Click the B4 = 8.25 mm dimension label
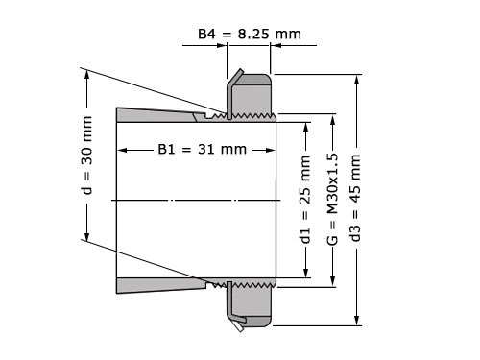coord(249,35)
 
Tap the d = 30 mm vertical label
coord(87,156)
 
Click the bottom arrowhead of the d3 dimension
coord(357,324)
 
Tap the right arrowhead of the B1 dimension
coord(271,150)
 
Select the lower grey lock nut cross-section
coord(255,304)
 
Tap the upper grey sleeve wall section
coord(154,116)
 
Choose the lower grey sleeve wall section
coord(154,284)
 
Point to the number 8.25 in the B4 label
coord(253,35)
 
